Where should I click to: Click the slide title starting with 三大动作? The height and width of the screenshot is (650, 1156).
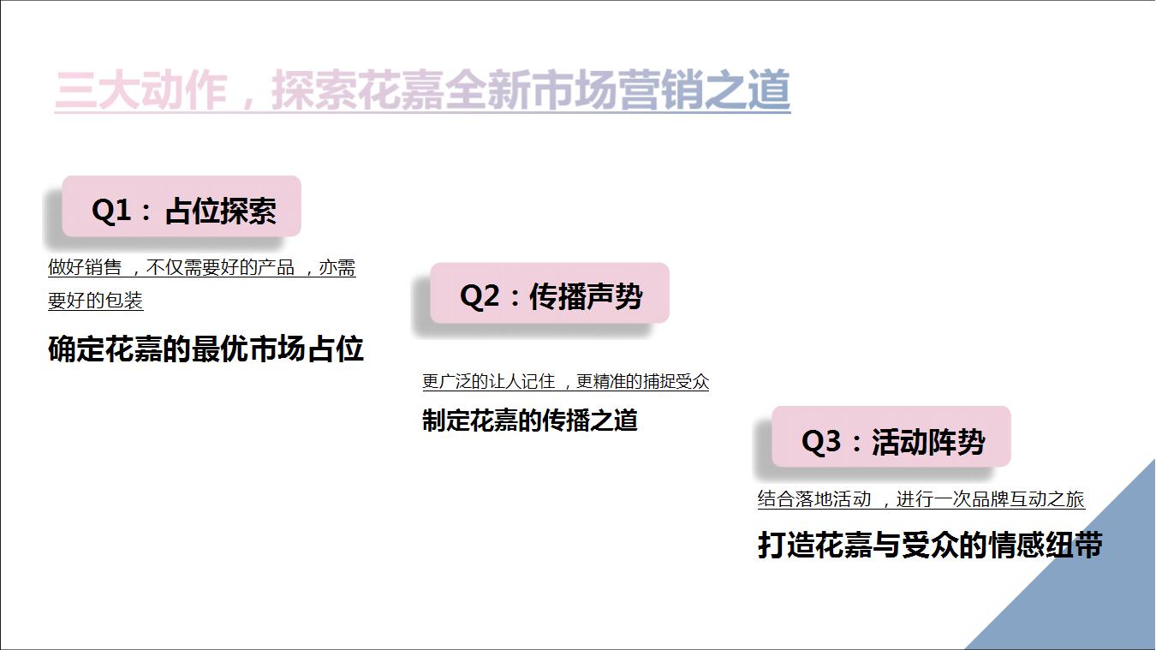point(422,91)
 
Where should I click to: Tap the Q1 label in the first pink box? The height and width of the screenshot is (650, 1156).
point(111,211)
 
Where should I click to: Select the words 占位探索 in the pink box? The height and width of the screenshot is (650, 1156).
point(221,211)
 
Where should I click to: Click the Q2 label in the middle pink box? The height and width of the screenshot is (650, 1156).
point(480,296)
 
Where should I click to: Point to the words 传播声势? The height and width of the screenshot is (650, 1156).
point(587,296)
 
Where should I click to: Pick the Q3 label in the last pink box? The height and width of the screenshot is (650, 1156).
point(821,442)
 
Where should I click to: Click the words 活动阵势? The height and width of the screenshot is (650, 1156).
point(928,442)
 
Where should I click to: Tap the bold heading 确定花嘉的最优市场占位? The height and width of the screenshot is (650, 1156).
point(206,349)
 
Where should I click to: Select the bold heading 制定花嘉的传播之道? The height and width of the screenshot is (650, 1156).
point(530,420)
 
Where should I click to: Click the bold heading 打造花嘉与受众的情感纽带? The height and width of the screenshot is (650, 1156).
point(931,545)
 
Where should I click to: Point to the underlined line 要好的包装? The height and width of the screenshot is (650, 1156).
point(95,300)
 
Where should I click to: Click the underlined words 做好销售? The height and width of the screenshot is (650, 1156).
point(85,267)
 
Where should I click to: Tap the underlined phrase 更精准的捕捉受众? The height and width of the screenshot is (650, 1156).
point(642,382)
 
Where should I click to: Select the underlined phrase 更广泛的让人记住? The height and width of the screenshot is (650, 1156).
point(489,382)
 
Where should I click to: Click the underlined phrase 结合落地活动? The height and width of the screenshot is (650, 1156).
point(814,499)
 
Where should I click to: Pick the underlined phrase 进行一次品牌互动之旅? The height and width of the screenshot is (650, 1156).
point(991,499)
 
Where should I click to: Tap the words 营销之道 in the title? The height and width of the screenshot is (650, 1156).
point(705,91)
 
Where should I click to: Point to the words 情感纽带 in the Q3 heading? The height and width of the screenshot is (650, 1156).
point(1046,545)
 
